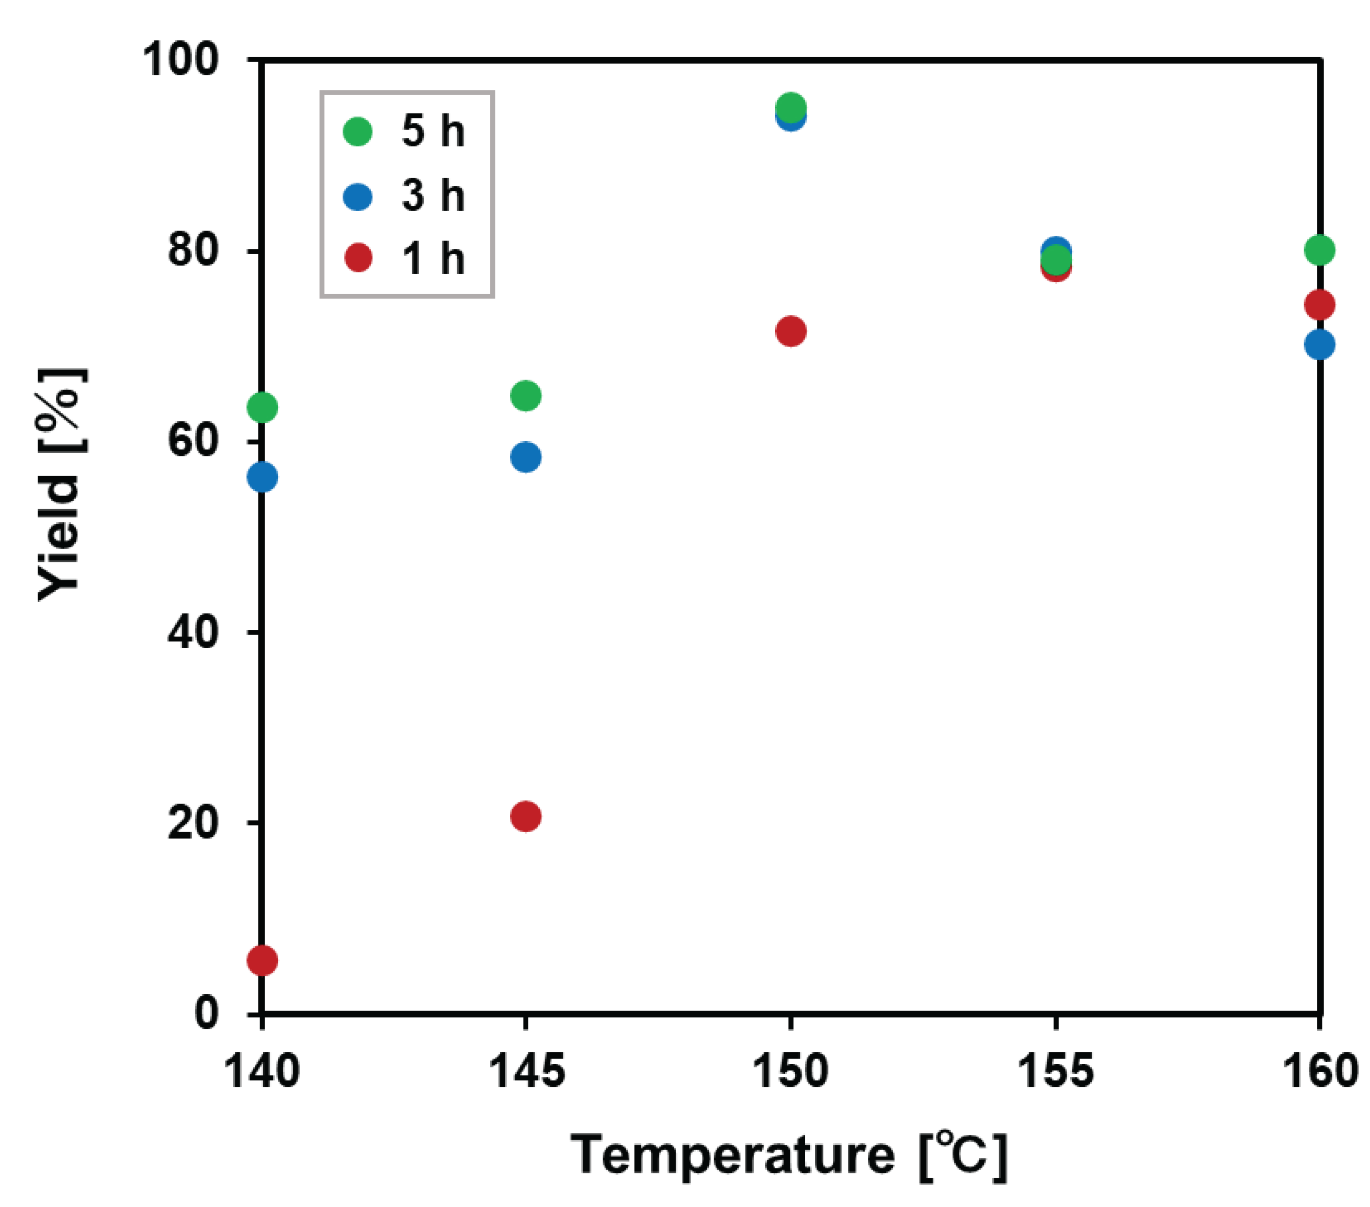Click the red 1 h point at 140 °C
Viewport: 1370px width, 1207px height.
coord(262,960)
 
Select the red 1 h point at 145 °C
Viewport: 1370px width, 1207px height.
coord(526,816)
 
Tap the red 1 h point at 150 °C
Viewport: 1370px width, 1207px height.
coord(791,331)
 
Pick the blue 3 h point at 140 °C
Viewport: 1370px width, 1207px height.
coord(262,477)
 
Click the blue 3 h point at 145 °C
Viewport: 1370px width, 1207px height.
coord(526,457)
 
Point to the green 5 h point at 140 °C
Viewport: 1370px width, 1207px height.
coord(262,407)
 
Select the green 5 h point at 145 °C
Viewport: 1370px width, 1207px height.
coord(526,395)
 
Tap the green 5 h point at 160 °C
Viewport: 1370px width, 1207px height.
coord(1319,250)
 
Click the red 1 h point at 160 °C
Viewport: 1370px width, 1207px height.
coord(1319,305)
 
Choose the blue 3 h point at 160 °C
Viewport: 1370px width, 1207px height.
coord(1319,345)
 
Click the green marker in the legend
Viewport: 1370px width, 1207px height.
coord(357,131)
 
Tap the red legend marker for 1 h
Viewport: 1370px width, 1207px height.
coord(358,258)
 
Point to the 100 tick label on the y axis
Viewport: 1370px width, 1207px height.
coord(181,59)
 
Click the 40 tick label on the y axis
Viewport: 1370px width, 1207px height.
coord(193,631)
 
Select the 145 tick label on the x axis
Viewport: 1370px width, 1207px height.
coord(526,1071)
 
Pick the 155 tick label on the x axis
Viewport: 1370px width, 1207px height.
coord(1056,1071)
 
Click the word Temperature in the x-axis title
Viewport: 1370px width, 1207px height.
coord(732,1155)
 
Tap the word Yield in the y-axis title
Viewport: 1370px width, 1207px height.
coord(59,537)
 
